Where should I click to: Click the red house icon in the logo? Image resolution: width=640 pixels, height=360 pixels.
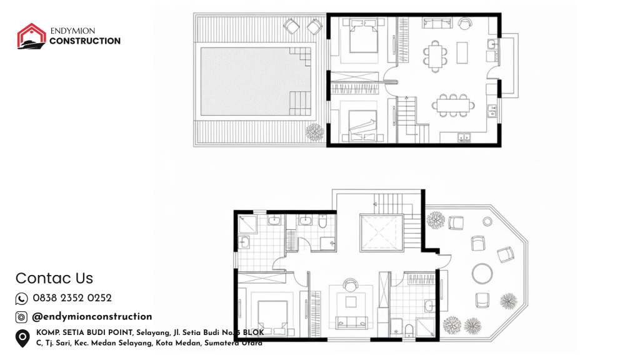31,36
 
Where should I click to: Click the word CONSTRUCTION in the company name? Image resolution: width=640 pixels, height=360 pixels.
85,41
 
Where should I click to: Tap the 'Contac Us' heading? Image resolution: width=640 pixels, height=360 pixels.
54,278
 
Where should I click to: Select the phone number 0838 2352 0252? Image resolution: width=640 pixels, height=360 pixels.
72,298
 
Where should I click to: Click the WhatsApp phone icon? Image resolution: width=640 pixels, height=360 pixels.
22,299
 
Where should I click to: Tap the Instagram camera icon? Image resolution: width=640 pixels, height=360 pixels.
21,317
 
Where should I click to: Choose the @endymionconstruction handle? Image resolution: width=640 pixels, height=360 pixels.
92,316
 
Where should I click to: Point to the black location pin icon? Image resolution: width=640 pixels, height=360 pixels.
22,338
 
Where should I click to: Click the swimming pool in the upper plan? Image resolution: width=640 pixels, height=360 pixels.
256,81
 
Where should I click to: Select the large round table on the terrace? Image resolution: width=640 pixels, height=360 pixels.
482,273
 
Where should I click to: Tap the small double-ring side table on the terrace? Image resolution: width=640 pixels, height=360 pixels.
487,221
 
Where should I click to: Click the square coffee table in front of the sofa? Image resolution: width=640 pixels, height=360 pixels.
351,302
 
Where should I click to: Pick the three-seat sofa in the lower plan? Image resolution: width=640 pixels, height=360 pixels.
351,322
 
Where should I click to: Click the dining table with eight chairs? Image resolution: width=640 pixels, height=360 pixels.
454,106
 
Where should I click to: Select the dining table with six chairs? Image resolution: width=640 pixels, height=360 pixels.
436,56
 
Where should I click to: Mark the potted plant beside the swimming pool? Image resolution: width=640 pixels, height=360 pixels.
315,132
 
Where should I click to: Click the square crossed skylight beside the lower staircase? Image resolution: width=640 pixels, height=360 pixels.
379,232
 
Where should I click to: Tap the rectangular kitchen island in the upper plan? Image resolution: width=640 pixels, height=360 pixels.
462,52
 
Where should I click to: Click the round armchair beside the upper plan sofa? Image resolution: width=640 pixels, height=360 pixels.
464,24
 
